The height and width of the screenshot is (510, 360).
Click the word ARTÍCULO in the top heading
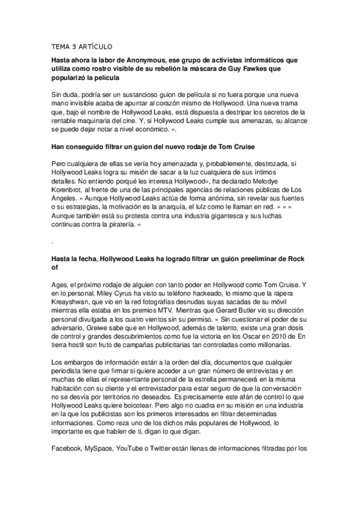point(94,46)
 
